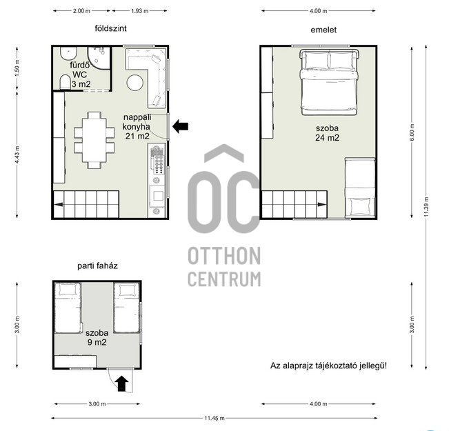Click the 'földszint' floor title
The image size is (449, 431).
[x=110, y=28]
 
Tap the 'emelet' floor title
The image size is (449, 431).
[x=323, y=30]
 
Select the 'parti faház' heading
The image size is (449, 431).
[x=97, y=265]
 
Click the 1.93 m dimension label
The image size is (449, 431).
[x=140, y=11]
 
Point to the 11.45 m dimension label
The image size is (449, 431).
[x=214, y=418]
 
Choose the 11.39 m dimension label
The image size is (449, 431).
[x=426, y=206]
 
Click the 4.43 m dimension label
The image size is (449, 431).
[x=17, y=154]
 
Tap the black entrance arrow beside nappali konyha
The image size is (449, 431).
[x=181, y=126]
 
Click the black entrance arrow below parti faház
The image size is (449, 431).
[x=121, y=383]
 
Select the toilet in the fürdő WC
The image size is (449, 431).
[x=65, y=83]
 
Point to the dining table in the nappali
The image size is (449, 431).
[x=94, y=140]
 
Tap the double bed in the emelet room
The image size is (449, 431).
[x=329, y=82]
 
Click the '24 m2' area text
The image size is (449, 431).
[x=328, y=138]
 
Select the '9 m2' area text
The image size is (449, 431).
[x=97, y=342]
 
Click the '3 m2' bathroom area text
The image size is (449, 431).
[x=81, y=84]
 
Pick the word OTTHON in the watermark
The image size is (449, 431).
[x=224, y=256]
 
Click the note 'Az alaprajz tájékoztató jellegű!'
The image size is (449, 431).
[x=328, y=365]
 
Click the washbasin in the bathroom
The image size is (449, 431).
[x=68, y=53]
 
